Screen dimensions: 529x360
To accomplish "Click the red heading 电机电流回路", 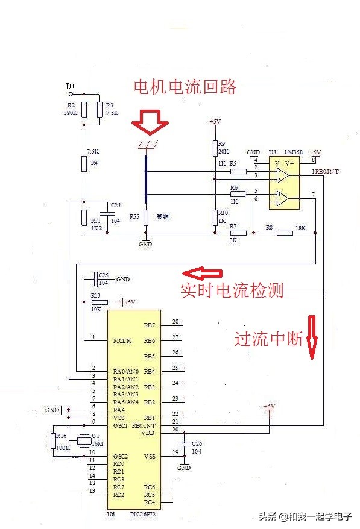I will [185, 87].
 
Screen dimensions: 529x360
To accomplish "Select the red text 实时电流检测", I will [232, 290].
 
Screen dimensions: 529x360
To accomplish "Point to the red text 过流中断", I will [268, 340].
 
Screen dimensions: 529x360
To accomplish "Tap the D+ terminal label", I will [71, 86].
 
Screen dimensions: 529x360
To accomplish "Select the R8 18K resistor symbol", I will [285, 232].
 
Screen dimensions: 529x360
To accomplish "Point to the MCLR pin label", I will [122, 341].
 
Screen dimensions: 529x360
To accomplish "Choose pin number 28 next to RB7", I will [175, 322].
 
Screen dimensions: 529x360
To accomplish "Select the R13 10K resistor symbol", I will [99, 302].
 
